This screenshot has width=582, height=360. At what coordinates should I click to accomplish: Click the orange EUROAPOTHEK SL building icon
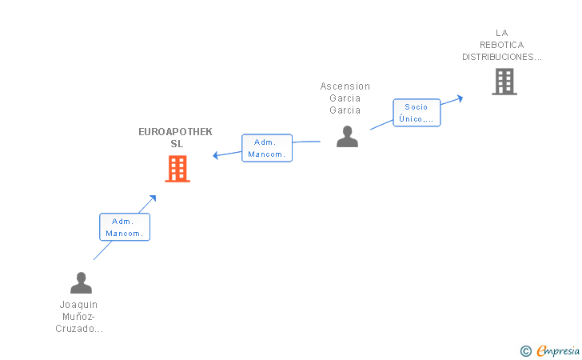tap(177, 169)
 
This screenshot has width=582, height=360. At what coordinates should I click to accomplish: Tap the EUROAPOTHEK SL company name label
tap(175, 138)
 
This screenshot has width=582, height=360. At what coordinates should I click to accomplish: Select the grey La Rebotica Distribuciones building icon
tap(504, 82)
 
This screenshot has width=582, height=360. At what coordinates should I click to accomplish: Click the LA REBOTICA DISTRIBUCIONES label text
tap(502, 45)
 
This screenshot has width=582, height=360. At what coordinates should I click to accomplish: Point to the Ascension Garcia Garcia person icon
tap(347, 136)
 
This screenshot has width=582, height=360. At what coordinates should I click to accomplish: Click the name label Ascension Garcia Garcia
tap(345, 98)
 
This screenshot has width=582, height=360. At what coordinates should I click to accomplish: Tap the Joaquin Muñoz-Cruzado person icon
tap(81, 282)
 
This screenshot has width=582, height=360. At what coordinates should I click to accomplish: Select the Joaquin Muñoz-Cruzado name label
tap(79, 317)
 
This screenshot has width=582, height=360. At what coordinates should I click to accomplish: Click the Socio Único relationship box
tap(417, 113)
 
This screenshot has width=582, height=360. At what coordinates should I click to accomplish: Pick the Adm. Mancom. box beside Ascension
tap(267, 148)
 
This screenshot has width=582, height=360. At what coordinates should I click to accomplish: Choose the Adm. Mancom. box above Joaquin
tap(125, 227)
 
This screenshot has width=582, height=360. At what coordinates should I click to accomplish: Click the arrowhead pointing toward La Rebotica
tap(460, 98)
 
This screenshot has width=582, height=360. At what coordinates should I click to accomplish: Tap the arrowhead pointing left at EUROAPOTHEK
tap(215, 155)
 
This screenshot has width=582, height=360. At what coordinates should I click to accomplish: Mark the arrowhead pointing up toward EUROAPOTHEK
tap(153, 198)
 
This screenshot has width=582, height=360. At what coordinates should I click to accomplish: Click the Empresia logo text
tap(558, 350)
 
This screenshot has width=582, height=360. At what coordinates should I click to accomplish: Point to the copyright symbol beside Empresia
tap(526, 351)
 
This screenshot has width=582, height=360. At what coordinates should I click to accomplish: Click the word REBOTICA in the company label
tap(502, 45)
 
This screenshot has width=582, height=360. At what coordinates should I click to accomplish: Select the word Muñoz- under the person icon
tap(78, 317)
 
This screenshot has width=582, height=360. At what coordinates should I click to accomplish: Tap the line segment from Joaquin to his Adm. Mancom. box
tap(102, 250)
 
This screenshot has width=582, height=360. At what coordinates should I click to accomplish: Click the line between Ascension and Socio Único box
tap(381, 125)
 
